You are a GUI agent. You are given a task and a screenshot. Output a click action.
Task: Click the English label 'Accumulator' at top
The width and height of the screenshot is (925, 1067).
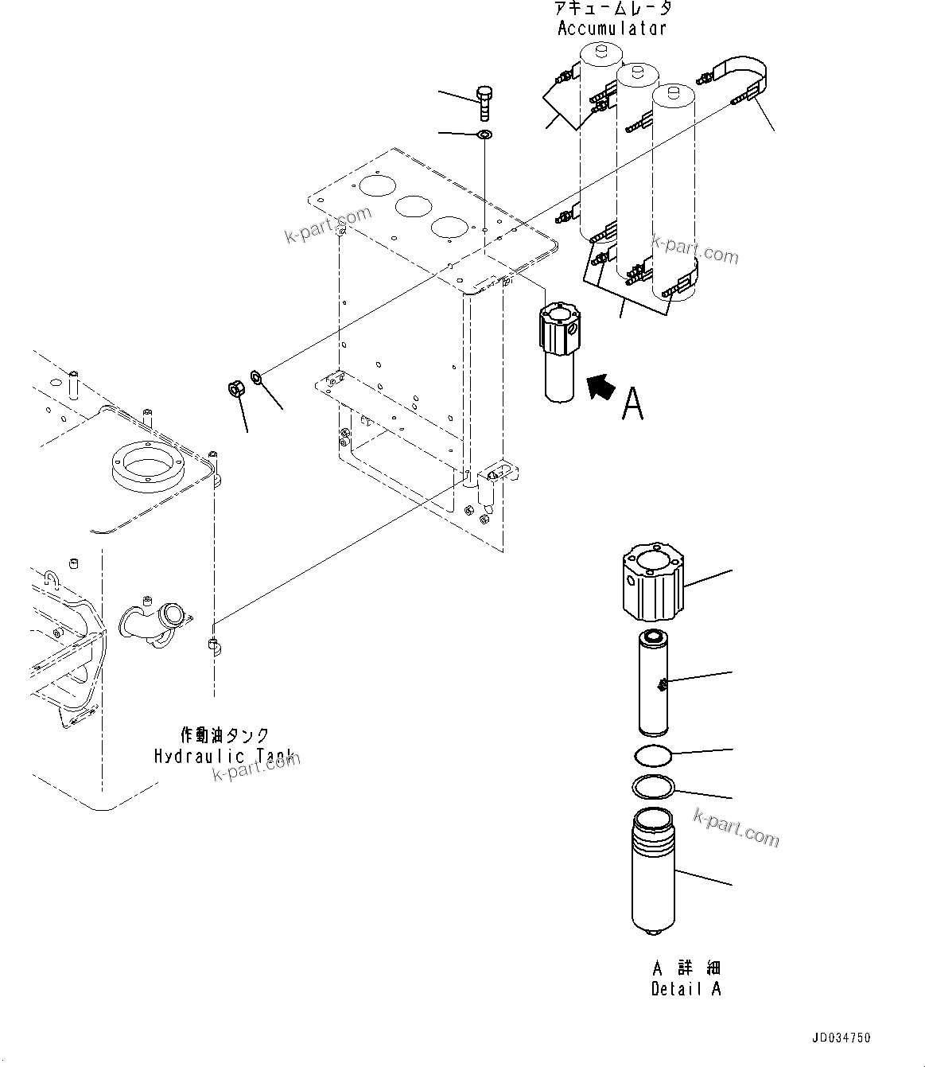(x=611, y=29)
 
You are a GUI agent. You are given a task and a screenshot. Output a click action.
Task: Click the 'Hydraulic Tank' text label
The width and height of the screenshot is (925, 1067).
(x=223, y=756)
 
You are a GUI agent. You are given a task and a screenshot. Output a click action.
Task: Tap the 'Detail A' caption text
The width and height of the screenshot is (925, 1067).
(x=686, y=990)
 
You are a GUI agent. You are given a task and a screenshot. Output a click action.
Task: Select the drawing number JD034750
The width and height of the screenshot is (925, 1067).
(x=841, y=1038)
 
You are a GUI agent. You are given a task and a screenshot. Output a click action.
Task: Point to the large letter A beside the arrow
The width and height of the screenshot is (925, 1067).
(x=633, y=403)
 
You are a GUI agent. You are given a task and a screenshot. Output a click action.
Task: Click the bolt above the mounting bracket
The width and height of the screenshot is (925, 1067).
(x=484, y=103)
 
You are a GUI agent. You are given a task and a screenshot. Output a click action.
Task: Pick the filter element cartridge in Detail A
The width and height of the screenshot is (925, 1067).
(x=654, y=681)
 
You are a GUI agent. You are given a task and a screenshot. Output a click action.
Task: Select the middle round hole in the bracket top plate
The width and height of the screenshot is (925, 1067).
(x=414, y=208)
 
